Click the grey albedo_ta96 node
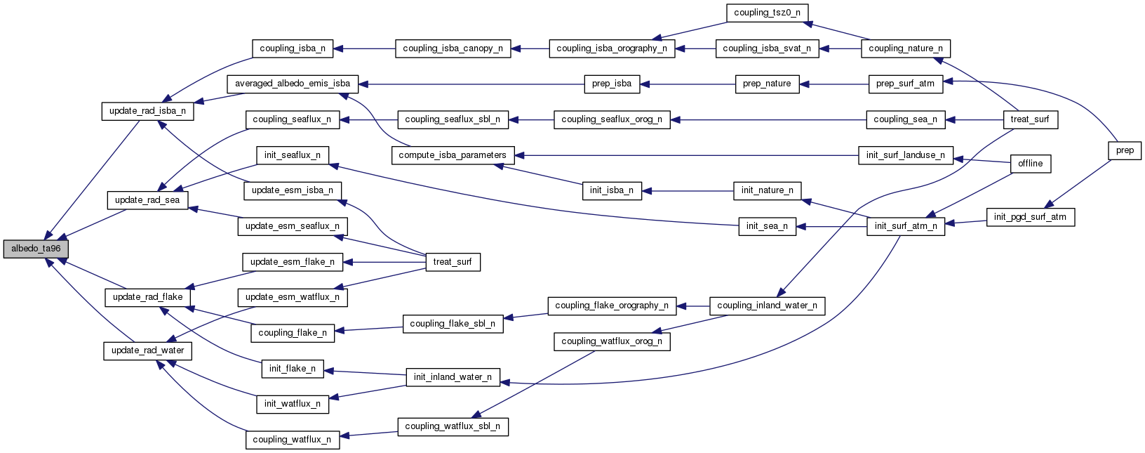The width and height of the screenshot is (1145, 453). (x=36, y=249)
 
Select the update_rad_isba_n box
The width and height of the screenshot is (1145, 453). (x=147, y=111)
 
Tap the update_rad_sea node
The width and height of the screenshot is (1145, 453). (x=147, y=200)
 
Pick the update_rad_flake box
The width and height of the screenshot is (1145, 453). (x=147, y=297)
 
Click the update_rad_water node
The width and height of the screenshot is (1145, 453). (x=147, y=350)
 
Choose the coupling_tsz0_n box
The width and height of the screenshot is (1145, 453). (x=767, y=13)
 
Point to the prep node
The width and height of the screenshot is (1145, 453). (x=1125, y=150)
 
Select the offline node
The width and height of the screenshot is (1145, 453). (x=1030, y=164)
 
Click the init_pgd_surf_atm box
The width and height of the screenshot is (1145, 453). (x=1030, y=217)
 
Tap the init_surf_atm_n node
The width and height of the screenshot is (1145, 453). (x=906, y=226)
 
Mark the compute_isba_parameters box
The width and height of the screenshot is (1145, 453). (x=453, y=155)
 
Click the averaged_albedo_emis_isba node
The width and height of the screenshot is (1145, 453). (x=293, y=84)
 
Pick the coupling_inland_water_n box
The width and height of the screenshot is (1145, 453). (x=767, y=306)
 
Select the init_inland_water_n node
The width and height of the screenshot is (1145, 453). (x=453, y=377)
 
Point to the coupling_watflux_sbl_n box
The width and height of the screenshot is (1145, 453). (x=453, y=426)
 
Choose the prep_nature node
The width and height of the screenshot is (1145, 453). (x=767, y=84)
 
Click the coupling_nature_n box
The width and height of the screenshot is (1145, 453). (x=906, y=48)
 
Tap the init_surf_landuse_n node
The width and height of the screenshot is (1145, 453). (x=906, y=155)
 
